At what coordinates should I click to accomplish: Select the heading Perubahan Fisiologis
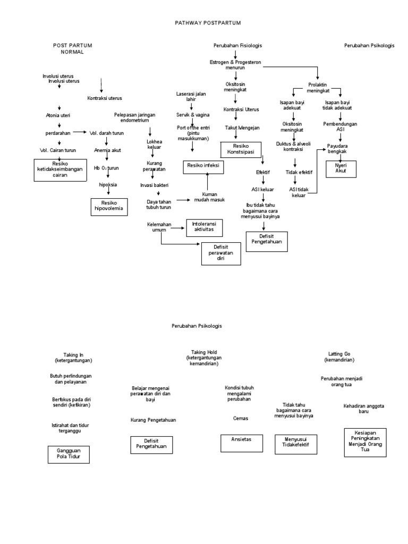(x=237, y=46)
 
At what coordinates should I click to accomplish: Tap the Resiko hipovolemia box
(x=109, y=206)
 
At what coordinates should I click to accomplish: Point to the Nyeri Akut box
(x=341, y=168)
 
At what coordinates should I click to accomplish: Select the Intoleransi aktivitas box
(x=204, y=227)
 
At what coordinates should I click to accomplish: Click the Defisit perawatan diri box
(x=222, y=253)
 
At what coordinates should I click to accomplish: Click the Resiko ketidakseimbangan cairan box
(x=61, y=169)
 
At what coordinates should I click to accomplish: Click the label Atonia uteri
(x=58, y=115)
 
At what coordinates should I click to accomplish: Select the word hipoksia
(x=108, y=184)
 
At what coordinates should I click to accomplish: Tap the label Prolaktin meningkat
(x=318, y=87)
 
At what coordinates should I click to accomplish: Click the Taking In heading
(x=73, y=357)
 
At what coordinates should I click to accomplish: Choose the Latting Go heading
(x=339, y=356)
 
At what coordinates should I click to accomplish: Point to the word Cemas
(x=241, y=418)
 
